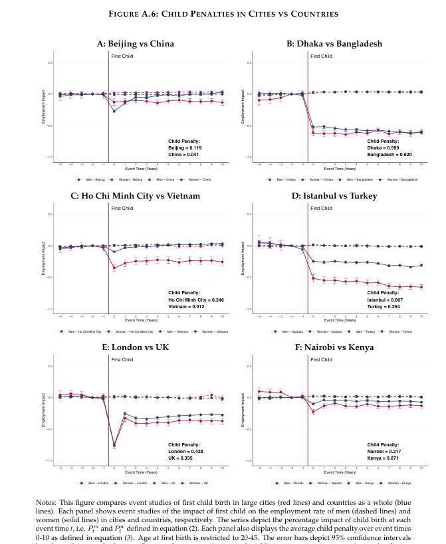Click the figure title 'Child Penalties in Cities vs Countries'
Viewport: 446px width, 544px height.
222,13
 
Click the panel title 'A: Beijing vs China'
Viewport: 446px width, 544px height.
136,44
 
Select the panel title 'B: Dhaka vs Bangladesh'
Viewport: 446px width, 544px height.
335,44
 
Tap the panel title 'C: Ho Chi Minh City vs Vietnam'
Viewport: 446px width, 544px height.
136,195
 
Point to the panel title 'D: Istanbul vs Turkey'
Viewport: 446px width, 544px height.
335,195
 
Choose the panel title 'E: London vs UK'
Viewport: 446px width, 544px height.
136,347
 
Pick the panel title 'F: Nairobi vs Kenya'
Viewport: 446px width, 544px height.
335,347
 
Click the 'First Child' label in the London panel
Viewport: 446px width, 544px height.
122,359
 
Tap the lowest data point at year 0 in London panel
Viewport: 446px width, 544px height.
114,445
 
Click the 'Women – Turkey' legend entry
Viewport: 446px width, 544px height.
401,331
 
